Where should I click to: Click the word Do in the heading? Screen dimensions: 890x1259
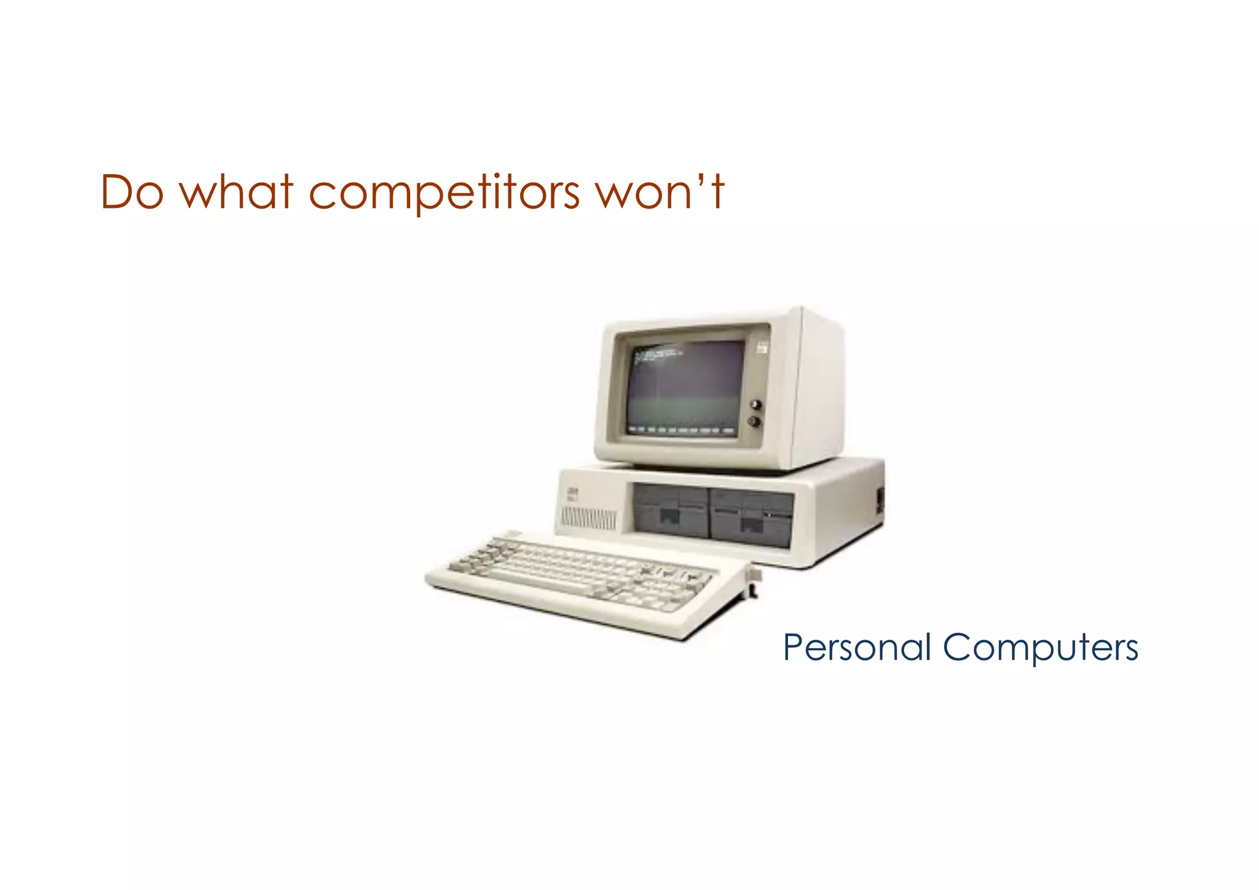132,193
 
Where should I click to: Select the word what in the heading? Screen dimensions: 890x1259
236,193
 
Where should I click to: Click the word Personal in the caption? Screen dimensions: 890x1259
857,648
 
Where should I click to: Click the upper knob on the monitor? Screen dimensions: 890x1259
756,405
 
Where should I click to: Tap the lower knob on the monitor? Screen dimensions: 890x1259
754,422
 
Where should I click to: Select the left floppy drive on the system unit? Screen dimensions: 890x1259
671,511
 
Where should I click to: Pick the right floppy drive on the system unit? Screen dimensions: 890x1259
751,517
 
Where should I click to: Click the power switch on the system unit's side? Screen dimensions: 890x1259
880,499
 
